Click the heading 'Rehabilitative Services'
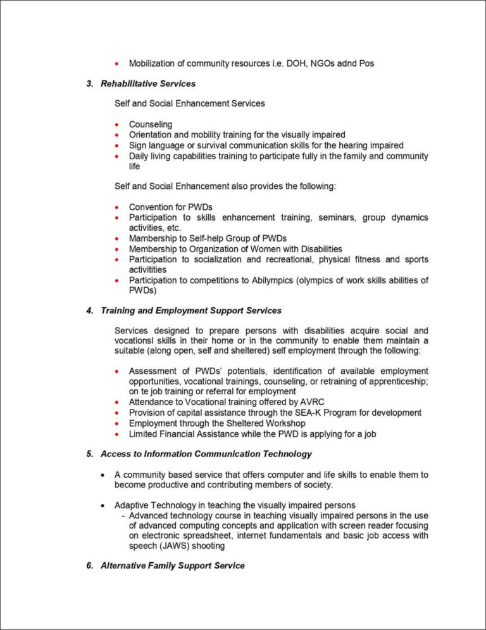(147, 84)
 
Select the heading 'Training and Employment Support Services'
(190, 311)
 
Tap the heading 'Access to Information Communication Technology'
(206, 454)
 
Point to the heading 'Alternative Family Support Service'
(172, 565)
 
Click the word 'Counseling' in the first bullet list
(150, 125)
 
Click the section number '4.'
(90, 311)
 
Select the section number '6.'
(90, 565)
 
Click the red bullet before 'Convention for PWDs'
(117, 207)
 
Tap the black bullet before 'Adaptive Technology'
(103, 505)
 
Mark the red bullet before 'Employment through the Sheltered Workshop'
(117, 423)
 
